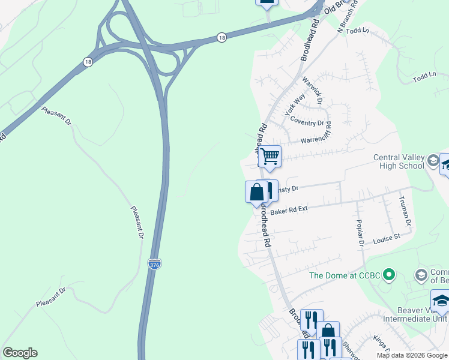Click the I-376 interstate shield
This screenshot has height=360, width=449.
coord(154,264)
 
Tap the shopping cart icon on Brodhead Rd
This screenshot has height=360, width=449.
coord(270,157)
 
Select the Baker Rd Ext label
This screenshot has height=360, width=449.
coord(289,211)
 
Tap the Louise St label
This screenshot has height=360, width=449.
coord(386,239)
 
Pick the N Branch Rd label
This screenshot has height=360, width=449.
coord(348,17)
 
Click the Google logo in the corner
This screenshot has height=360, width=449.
coord(20,352)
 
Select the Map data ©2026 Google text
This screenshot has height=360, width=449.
coord(411,355)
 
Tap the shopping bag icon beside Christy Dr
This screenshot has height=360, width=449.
coord(256,193)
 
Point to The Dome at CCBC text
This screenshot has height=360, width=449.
coord(345,276)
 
